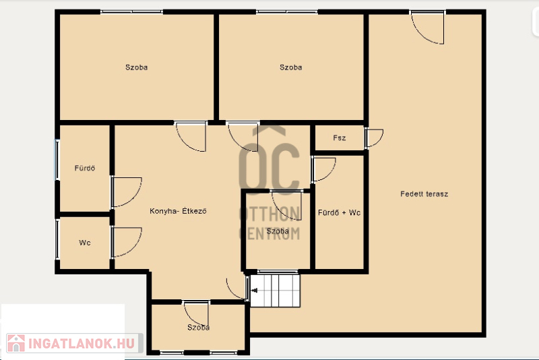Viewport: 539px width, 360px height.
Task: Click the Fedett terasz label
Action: [424, 194]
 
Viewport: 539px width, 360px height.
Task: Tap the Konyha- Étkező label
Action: [178, 211]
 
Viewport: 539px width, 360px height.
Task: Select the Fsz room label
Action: [340, 138]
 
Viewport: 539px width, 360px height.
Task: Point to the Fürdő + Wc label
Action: [340, 213]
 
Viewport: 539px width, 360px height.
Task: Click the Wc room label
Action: [85, 243]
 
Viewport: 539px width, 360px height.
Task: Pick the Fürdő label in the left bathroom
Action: [85, 168]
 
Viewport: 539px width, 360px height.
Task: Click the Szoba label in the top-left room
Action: [137, 67]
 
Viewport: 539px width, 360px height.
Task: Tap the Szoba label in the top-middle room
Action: [291, 67]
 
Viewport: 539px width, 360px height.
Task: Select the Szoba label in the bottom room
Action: [198, 328]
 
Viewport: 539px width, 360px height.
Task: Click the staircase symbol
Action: [275, 290]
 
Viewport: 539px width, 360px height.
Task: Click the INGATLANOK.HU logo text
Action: [81, 344]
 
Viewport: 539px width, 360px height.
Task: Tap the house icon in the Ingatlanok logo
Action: [15, 343]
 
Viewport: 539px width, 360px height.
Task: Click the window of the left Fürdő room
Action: [57, 160]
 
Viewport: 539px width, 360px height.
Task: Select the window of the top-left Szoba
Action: [131, 12]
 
